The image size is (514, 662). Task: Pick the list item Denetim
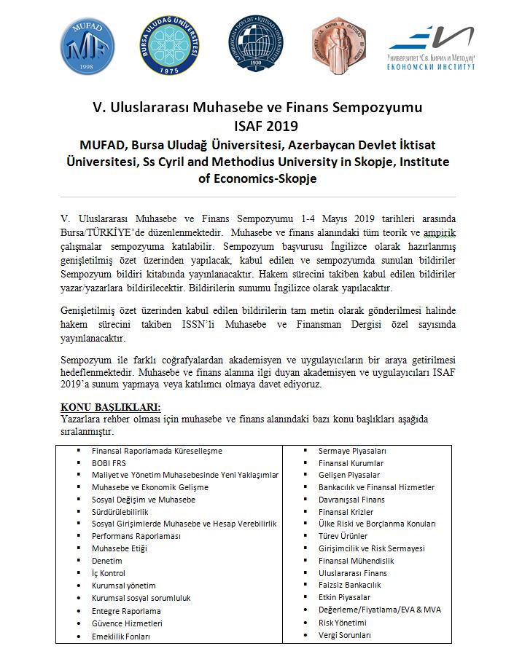(x=107, y=561)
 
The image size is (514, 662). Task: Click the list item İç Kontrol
(x=109, y=573)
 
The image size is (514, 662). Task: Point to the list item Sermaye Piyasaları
(x=352, y=451)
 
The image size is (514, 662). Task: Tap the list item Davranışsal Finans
(x=351, y=500)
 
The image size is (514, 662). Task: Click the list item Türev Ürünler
(x=343, y=536)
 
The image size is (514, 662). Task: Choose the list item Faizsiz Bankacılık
(x=350, y=585)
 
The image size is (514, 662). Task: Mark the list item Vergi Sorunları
(x=345, y=635)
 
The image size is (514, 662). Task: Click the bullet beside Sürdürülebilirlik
(x=79, y=512)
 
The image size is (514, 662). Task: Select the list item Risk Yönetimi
(x=343, y=623)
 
